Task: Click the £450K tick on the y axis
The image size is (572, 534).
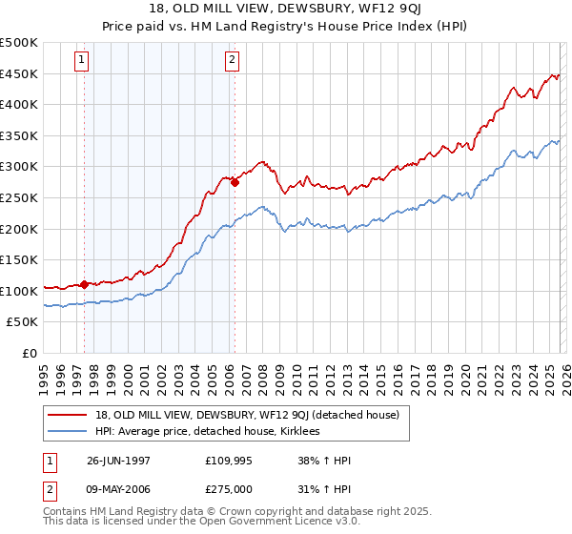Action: click(x=19, y=73)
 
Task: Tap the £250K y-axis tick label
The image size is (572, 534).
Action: click(x=19, y=197)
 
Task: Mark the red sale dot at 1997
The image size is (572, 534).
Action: click(x=84, y=284)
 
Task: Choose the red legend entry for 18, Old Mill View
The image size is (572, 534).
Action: click(x=253, y=415)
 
